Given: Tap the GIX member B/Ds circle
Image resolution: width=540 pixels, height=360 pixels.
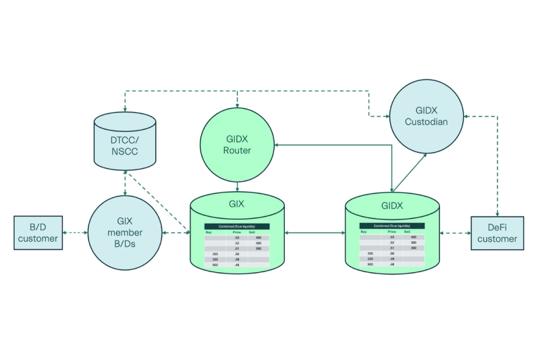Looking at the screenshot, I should click(125, 233).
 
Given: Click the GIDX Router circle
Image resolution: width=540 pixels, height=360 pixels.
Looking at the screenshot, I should click(237, 144).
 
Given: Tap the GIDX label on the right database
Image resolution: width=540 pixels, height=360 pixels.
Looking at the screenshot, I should click(392, 205).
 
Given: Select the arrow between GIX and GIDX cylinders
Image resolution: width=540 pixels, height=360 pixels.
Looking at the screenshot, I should click(315, 233).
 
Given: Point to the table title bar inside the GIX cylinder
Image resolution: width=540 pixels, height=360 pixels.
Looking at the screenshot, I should click(237, 226).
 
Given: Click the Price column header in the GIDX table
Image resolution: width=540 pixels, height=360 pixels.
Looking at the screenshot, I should click(392, 232).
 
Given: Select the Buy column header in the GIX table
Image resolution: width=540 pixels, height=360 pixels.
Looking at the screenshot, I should click(209, 232).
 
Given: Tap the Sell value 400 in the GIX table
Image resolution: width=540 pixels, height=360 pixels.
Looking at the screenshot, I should click(259, 238).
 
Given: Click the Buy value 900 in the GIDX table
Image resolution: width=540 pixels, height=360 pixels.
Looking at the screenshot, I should click(370, 264).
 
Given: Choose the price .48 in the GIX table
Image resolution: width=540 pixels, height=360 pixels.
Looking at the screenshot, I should click(237, 265).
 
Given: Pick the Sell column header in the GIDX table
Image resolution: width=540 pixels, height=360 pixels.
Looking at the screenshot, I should click(408, 232).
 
